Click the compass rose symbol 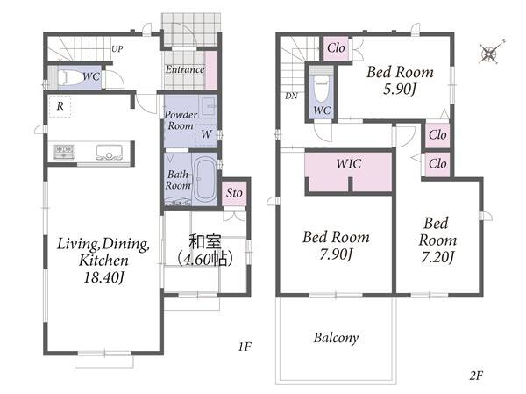(490, 52)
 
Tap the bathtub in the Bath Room (205, 178)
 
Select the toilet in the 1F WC (71, 77)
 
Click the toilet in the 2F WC (322, 89)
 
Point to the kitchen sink (109, 152)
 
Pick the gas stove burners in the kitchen (64, 151)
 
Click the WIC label (349, 164)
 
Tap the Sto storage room (234, 193)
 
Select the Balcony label (336, 338)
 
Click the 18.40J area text (104, 277)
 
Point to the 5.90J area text (400, 89)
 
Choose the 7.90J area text (336, 254)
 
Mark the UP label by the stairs (117, 49)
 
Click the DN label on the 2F (291, 96)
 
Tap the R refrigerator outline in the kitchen (60, 106)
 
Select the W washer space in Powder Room (206, 134)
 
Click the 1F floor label (245, 347)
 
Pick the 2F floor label (476, 376)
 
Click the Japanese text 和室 (205, 242)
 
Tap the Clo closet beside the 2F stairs (336, 48)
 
